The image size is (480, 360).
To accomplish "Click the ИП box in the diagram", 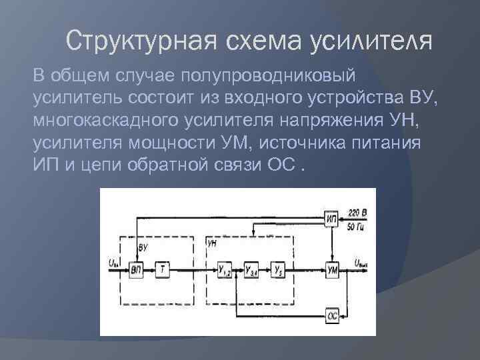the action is click(332, 218).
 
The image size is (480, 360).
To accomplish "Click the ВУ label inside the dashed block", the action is click(143, 247).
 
